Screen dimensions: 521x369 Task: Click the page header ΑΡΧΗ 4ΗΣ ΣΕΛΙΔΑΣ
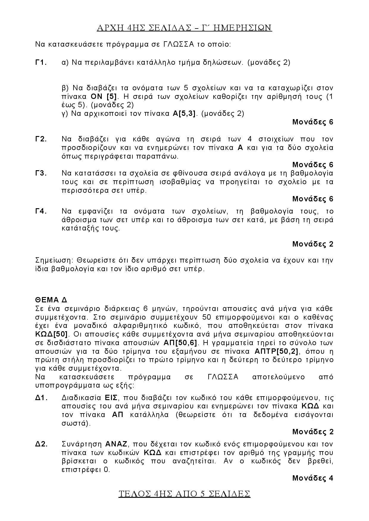[x=184, y=28]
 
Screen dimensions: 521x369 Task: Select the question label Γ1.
[x=41, y=62]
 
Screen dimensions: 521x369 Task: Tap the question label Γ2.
[x=41, y=139]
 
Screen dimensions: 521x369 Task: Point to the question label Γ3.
[x=41, y=173]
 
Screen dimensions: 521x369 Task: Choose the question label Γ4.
[x=41, y=211]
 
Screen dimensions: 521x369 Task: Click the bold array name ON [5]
[x=104, y=97]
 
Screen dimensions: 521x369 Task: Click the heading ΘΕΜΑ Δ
[x=51, y=299]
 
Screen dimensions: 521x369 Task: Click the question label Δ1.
[x=41, y=398]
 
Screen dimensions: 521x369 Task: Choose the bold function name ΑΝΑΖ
[x=116, y=444]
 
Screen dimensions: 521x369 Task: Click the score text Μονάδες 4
[x=313, y=478]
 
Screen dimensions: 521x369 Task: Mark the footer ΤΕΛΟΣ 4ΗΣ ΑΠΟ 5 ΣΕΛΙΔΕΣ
[x=184, y=494]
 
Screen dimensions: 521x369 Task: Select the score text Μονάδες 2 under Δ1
[x=313, y=432]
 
